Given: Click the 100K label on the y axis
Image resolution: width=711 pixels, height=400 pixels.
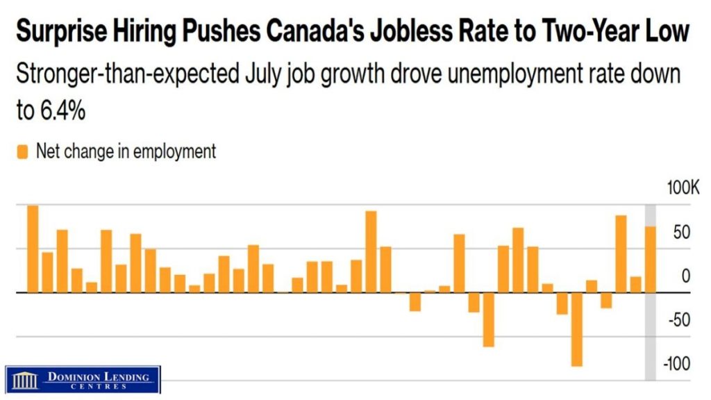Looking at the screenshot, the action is pos(683,187).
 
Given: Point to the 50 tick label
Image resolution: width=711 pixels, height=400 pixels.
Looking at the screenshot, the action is pos(682,232).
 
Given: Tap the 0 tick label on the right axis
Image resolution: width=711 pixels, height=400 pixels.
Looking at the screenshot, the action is pos(686,276).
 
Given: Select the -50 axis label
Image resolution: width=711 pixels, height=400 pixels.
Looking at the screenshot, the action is pos(679,320).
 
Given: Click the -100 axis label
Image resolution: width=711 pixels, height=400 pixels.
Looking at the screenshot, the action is pos(676,364).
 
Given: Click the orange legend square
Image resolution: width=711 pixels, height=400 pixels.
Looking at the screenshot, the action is pos(22,152).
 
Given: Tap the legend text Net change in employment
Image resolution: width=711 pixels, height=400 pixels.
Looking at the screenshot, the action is pos(126,151).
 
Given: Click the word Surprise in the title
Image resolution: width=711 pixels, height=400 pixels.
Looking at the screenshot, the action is pos(62,32).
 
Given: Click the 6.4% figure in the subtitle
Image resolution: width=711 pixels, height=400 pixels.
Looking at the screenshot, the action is pos(62,110).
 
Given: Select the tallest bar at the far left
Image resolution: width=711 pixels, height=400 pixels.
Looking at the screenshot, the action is pos(33,249).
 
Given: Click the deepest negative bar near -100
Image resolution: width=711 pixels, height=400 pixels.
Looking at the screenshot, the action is pos(577,329).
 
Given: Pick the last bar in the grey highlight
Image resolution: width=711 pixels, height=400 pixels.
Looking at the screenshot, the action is pos(650,260).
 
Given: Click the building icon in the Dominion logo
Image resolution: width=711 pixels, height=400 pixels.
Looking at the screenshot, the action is pos(25,380).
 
